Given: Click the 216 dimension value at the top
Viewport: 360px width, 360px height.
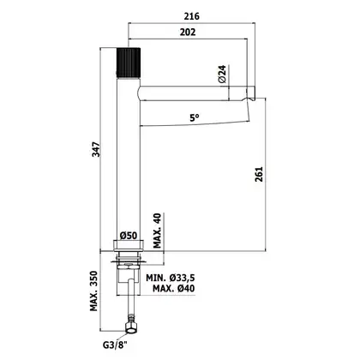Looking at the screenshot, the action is click(x=191, y=16).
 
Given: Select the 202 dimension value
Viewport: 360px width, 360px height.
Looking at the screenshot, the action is click(x=188, y=32).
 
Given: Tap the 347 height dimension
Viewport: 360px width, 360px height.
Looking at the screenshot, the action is click(x=97, y=149).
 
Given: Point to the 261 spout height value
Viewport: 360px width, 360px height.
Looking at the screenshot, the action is click(x=259, y=174).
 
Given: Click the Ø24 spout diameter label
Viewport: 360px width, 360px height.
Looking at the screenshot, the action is click(x=222, y=74).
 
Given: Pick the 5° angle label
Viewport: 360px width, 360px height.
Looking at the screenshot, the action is click(x=195, y=117).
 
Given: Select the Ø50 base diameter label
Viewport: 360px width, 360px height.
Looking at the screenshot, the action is click(x=129, y=236).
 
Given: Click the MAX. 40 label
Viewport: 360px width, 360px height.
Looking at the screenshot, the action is click(x=158, y=231).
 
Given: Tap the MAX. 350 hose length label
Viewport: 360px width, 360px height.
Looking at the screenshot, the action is click(x=94, y=291).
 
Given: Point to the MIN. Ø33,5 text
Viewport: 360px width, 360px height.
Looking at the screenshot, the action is click(x=171, y=278).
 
